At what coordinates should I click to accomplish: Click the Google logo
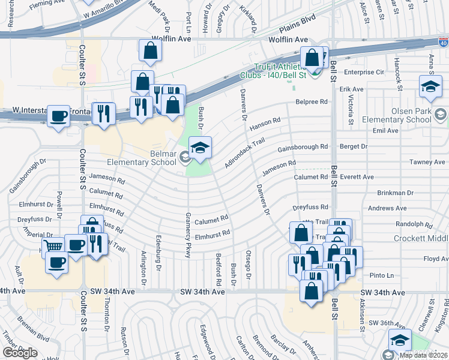[x=20, y=353]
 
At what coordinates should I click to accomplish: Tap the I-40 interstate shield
[x=443, y=43]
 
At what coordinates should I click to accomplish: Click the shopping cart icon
[x=54, y=245]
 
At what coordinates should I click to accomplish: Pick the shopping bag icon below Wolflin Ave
[x=150, y=52]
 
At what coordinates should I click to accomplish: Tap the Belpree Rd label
[x=312, y=102]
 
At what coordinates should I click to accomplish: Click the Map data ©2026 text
[x=422, y=355]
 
